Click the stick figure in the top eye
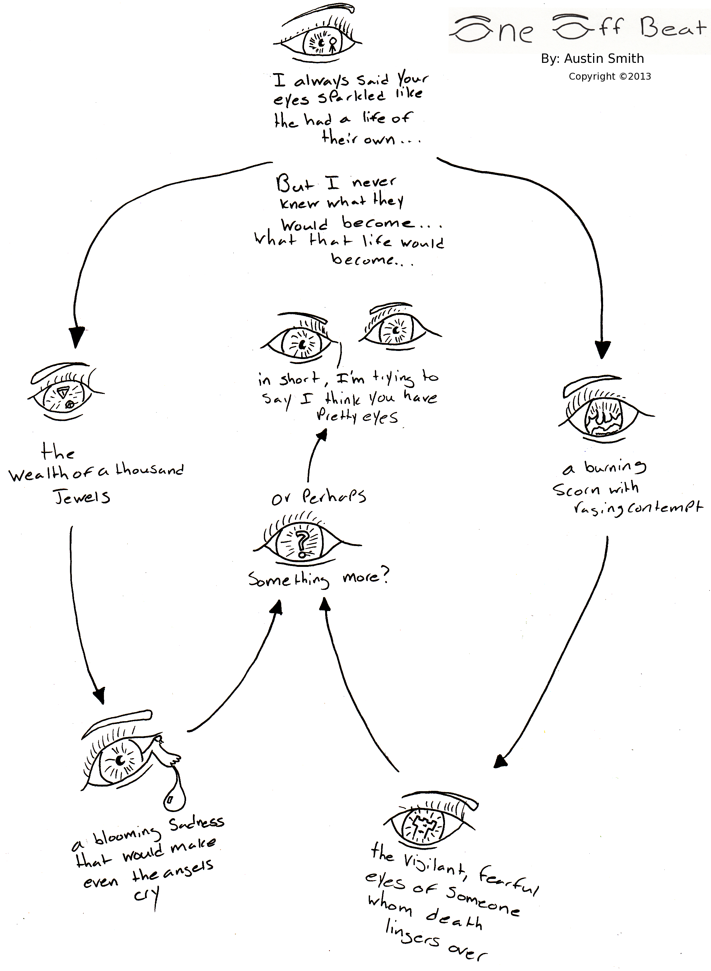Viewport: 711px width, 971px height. tap(332, 45)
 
